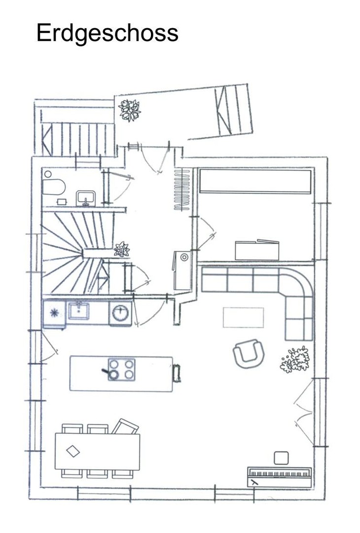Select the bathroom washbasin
click(86, 198)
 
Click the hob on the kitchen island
click(121, 370)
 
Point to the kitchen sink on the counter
click(78, 311)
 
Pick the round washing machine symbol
click(120, 313)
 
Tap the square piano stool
click(281, 458)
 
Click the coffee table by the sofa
click(243, 317)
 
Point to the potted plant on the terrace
click(129, 110)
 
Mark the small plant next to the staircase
click(122, 249)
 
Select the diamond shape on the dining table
click(72, 452)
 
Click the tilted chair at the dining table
click(125, 426)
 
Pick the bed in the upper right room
click(255, 182)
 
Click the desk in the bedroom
click(257, 250)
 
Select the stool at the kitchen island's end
click(177, 373)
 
